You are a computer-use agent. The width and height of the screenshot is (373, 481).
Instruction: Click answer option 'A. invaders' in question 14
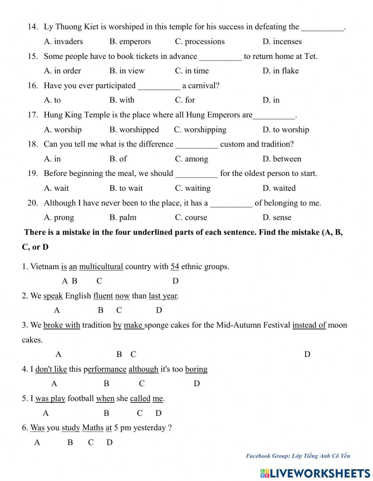[x=63, y=41]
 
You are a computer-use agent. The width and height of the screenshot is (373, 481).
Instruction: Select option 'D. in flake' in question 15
[x=280, y=71]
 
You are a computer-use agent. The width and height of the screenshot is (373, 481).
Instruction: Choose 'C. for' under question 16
[x=185, y=100]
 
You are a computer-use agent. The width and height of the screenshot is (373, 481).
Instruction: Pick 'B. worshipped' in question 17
[x=134, y=130]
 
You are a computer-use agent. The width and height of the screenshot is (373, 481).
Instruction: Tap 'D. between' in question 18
[x=282, y=159]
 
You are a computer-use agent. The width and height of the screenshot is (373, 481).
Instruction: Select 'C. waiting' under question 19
[x=192, y=188]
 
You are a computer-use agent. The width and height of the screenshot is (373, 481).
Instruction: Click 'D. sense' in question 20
[x=277, y=218]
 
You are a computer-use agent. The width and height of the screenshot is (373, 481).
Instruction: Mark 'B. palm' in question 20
[x=123, y=218]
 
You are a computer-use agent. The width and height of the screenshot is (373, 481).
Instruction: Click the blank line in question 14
[x=322, y=28]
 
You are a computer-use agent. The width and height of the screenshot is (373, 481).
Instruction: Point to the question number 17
[x=32, y=115]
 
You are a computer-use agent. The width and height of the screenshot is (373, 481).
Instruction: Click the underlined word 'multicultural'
[x=101, y=267]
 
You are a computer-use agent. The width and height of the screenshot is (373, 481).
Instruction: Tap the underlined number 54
[x=175, y=267]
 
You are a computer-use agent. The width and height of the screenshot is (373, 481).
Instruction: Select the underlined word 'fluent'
[x=103, y=296]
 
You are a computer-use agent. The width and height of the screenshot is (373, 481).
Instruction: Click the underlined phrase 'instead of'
[x=309, y=325]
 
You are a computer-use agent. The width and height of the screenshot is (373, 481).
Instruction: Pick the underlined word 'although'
[x=143, y=369]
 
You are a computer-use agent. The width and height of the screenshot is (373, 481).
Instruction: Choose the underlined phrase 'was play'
[x=50, y=399]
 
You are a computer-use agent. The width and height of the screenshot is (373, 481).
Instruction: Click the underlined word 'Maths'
[x=93, y=428]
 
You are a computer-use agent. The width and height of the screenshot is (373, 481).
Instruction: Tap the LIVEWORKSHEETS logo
[x=315, y=473]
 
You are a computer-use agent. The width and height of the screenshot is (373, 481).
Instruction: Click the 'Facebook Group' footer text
[x=298, y=456]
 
